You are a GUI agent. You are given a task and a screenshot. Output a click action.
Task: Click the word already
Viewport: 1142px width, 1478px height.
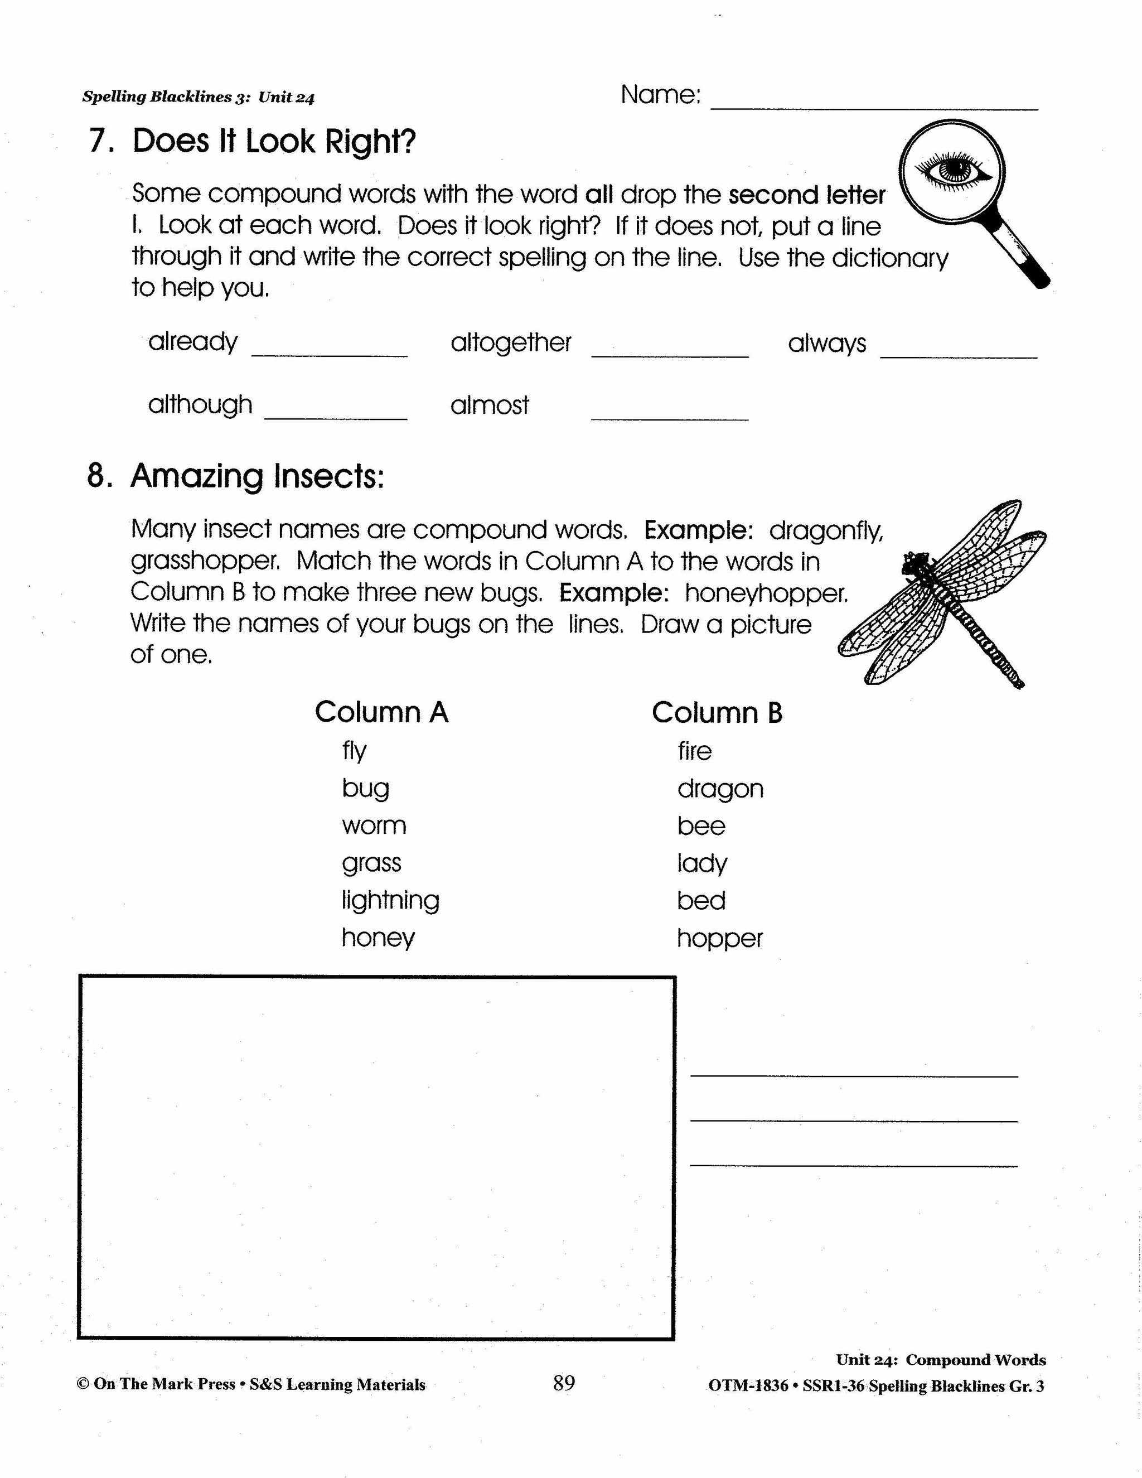pyautogui.click(x=193, y=342)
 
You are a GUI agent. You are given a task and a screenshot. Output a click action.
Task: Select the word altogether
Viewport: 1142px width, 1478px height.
pyautogui.click(x=511, y=342)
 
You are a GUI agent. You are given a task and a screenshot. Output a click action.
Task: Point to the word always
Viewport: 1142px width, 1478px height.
pyautogui.click(x=827, y=344)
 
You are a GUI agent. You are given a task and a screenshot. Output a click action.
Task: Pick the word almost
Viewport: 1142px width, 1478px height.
pyautogui.click(x=489, y=405)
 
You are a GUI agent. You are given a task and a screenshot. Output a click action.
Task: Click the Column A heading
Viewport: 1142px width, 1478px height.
pyautogui.click(x=381, y=712)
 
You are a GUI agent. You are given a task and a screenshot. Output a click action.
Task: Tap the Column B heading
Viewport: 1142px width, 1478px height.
pyautogui.click(x=717, y=713)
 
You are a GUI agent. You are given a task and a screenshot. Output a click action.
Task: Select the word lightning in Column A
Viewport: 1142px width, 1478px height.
pyautogui.click(x=390, y=901)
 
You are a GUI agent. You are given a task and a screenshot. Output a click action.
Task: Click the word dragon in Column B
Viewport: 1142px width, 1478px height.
pyautogui.click(x=720, y=789)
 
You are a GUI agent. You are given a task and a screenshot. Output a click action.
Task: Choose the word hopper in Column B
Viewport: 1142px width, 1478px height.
pyautogui.click(x=719, y=939)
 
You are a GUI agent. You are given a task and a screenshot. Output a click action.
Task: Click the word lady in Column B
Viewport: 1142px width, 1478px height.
pyautogui.click(x=701, y=863)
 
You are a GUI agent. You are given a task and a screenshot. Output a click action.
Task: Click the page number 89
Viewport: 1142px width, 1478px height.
pyautogui.click(x=564, y=1383)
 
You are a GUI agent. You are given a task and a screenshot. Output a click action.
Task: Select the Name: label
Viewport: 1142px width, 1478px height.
pyautogui.click(x=660, y=95)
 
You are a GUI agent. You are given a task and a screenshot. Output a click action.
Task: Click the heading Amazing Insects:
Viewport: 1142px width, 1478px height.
pyautogui.click(x=257, y=476)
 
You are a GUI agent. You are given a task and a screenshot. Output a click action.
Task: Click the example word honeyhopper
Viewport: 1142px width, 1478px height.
pyautogui.click(x=766, y=593)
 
